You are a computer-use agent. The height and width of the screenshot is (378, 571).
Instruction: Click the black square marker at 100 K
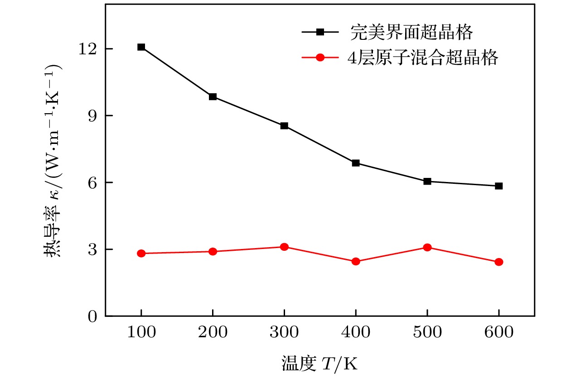click(141, 47)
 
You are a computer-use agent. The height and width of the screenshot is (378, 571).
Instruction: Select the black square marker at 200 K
click(213, 97)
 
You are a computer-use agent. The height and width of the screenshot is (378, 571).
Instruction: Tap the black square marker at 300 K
click(284, 126)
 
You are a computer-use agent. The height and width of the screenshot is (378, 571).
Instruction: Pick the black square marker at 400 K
click(356, 163)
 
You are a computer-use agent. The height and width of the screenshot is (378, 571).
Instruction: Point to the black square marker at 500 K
click(427, 182)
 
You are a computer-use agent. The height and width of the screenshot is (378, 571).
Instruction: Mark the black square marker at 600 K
click(498, 186)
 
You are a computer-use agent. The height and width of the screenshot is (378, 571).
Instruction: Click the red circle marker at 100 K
click(141, 254)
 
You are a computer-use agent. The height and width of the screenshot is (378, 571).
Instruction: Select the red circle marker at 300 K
click(284, 247)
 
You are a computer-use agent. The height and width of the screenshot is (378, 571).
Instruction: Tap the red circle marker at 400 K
click(356, 261)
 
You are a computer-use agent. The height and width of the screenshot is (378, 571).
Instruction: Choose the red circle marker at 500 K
click(427, 247)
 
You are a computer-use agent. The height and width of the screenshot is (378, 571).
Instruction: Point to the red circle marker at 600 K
click(498, 262)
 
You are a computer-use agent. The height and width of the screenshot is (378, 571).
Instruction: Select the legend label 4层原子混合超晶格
click(423, 58)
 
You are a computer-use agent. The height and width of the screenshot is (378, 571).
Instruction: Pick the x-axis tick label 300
click(284, 334)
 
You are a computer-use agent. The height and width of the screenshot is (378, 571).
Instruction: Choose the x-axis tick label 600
click(498, 334)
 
